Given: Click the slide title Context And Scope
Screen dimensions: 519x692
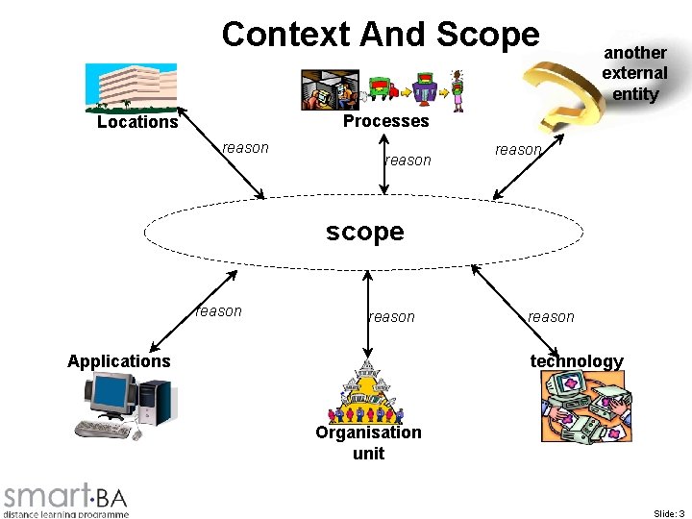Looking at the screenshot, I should pyautogui.click(x=381, y=35).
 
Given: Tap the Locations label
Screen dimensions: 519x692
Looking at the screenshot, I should pyautogui.click(x=137, y=122).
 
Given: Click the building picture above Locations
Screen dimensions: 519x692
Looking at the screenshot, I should pyautogui.click(x=131, y=86).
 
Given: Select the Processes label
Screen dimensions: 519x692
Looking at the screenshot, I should pyautogui.click(x=385, y=121).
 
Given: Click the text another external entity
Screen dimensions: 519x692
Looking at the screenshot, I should pyautogui.click(x=634, y=73).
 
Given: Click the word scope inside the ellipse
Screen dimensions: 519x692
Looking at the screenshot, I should pyautogui.click(x=365, y=232).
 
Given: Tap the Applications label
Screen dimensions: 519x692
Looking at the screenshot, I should pyautogui.click(x=119, y=361).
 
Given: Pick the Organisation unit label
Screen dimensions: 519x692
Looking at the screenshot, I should pyautogui.click(x=368, y=442).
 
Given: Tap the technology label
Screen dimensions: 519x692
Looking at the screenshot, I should pyautogui.click(x=577, y=361).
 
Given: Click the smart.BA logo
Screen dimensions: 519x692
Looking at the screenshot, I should pyautogui.click(x=65, y=499).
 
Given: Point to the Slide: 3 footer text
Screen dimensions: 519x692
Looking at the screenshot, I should pyautogui.click(x=668, y=514).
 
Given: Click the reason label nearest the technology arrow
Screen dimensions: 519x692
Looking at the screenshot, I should pyautogui.click(x=551, y=317).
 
